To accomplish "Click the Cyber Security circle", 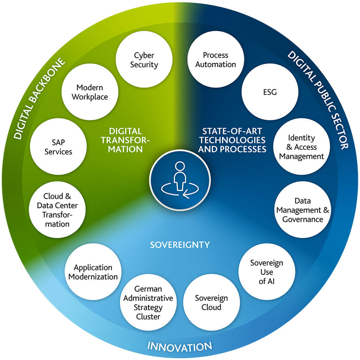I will [x=144, y=60].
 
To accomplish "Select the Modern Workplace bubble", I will [x=90, y=92].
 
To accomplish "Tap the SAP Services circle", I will [x=58, y=147].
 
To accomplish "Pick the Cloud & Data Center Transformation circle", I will [x=57, y=210].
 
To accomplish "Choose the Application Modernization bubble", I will [x=93, y=272].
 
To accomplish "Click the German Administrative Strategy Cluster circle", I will [x=149, y=303].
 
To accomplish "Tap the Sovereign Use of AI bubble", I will [x=267, y=272].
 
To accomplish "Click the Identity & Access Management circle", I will [x=302, y=147].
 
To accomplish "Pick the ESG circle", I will [x=270, y=92].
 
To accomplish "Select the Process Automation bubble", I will [x=216, y=60].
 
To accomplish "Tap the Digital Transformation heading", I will [x=126, y=140].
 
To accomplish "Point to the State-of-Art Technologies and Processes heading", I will [x=232, y=140].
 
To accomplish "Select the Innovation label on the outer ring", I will [x=180, y=346].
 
